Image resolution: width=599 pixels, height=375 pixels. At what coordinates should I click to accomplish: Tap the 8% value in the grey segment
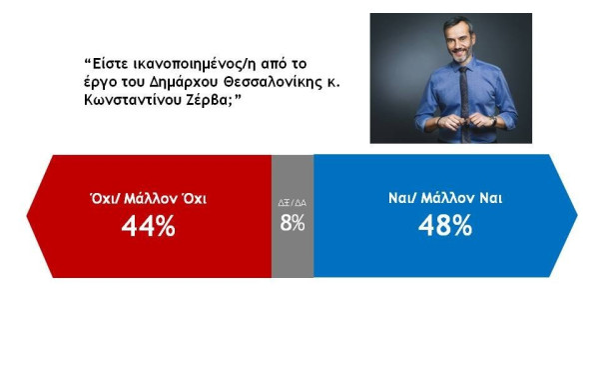[292, 223]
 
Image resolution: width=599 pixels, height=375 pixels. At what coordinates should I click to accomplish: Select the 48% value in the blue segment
[444, 227]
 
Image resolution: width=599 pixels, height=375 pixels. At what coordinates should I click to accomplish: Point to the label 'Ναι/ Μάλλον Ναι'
[444, 198]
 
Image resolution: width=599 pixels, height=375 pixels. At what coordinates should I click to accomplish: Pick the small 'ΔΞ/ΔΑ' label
[292, 201]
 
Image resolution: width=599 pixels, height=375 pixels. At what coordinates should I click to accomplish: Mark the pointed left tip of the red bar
[27, 215]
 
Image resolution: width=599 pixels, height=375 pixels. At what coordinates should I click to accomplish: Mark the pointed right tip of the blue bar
[576, 215]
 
